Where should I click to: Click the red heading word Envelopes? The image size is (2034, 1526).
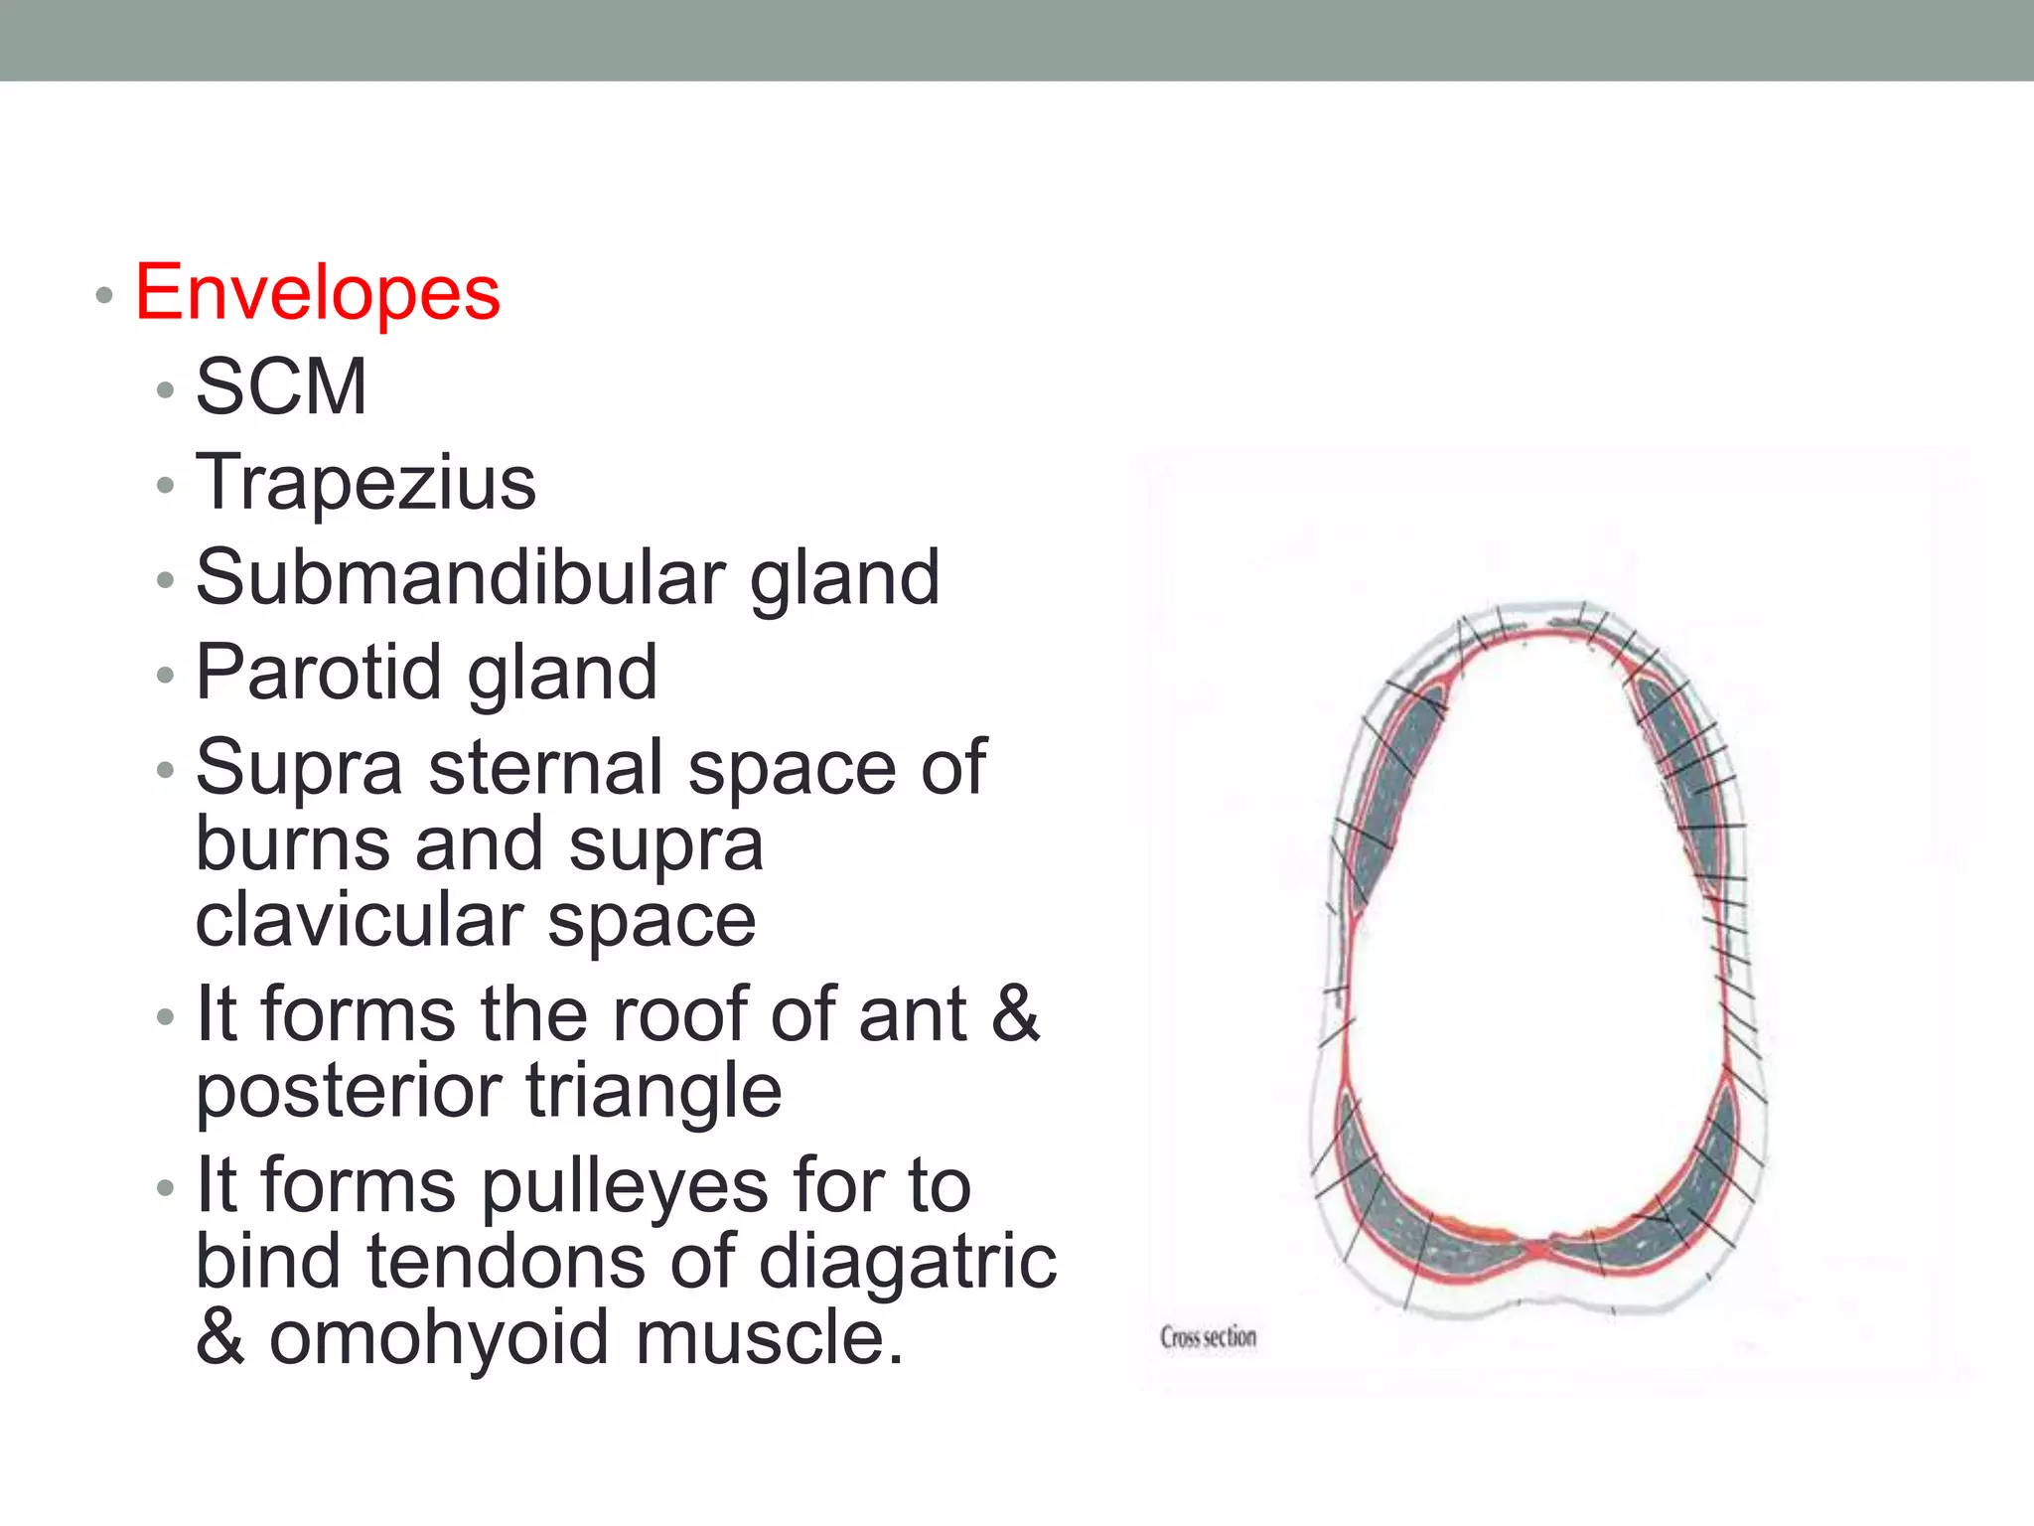(317, 293)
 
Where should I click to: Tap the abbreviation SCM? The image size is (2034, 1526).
(281, 386)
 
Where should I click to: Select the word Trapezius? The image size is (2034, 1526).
(365, 483)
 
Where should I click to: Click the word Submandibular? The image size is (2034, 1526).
(461, 577)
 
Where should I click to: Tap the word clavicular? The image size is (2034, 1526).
(360, 921)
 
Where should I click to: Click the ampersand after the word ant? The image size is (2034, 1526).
(1015, 1014)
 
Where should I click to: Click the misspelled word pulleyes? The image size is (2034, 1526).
(626, 1186)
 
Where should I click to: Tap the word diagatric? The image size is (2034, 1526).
(908, 1263)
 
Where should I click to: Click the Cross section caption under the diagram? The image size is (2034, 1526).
(1208, 1337)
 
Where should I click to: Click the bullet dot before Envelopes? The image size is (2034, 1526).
(103, 295)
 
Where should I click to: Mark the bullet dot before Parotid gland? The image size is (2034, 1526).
(165, 676)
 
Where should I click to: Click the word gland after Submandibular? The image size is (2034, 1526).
(844, 579)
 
